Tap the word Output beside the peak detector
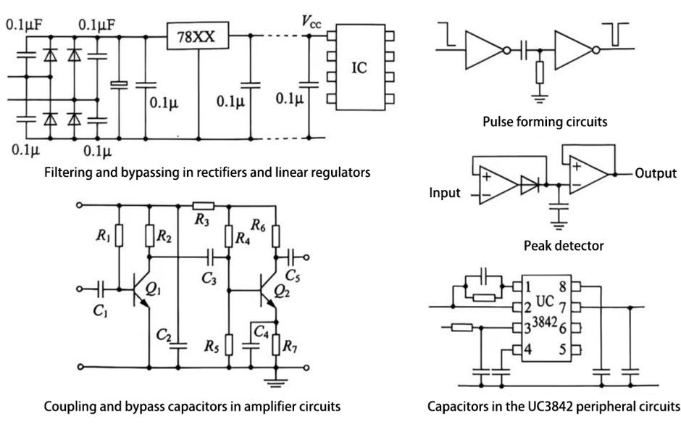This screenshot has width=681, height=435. pos(656,173)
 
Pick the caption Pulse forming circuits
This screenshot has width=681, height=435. pos(545,122)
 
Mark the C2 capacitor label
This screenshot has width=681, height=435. pos(164,334)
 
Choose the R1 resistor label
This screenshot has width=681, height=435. pos(103,235)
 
